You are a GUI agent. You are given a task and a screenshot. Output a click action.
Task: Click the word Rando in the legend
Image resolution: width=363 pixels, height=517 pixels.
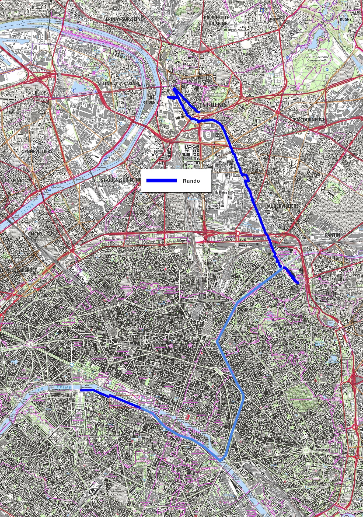(191, 181)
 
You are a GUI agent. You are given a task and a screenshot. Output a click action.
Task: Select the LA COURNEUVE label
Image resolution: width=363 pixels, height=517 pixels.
(309, 119)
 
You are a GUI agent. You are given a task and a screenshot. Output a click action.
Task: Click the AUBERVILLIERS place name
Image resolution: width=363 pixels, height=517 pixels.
(283, 206)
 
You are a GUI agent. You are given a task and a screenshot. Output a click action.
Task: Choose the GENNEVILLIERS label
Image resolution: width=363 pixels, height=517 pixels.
(37, 151)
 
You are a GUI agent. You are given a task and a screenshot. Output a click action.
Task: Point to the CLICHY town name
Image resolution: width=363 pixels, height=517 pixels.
(35, 234)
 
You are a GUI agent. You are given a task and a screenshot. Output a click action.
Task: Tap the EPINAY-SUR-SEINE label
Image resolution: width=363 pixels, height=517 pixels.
(123, 19)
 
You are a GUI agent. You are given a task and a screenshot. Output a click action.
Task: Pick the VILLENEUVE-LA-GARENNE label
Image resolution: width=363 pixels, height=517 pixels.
(119, 84)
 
